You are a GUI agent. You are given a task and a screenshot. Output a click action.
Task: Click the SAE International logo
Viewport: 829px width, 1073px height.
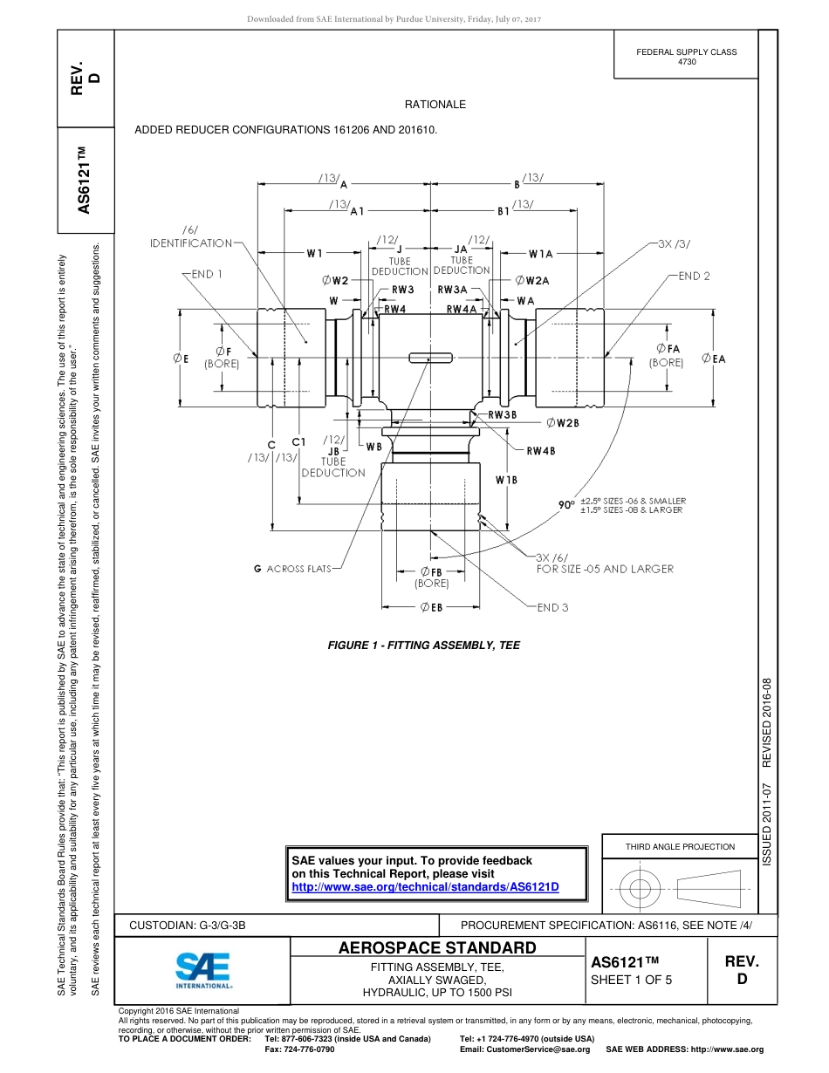202,968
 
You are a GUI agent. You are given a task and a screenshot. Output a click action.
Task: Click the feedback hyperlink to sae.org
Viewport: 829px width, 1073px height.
424,886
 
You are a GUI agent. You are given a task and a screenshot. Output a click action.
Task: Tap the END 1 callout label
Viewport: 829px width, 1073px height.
207,274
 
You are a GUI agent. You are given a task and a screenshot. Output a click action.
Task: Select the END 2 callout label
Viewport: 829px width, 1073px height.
695,276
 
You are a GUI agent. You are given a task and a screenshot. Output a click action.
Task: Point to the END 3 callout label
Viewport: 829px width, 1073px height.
552,607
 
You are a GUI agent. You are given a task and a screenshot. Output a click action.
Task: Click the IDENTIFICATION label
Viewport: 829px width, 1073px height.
192,243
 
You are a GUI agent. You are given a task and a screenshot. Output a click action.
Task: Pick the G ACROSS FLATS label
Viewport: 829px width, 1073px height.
292,569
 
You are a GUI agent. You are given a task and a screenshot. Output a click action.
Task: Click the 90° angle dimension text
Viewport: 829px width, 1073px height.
566,504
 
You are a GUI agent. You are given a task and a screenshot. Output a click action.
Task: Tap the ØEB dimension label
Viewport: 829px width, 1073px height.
431,607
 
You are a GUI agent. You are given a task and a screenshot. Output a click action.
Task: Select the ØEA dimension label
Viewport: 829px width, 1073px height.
714,359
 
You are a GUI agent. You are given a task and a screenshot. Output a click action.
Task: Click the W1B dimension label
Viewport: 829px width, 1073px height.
506,480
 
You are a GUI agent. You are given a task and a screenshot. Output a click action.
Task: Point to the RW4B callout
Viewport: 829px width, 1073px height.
540,451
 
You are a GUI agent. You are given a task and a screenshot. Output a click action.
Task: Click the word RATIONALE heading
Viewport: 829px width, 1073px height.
435,105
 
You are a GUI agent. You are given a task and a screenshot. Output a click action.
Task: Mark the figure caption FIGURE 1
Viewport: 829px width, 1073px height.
423,646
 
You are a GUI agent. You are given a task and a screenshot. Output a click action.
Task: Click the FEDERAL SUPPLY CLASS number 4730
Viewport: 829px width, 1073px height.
687,62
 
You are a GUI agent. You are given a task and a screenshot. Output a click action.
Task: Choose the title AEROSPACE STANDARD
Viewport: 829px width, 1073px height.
436,947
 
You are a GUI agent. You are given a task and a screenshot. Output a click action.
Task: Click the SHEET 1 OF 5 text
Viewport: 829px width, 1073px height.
632,979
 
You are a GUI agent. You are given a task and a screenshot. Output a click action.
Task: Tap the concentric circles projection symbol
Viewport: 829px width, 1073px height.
641,889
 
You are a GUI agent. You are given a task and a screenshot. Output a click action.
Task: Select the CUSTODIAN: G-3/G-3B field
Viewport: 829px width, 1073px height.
194,925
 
